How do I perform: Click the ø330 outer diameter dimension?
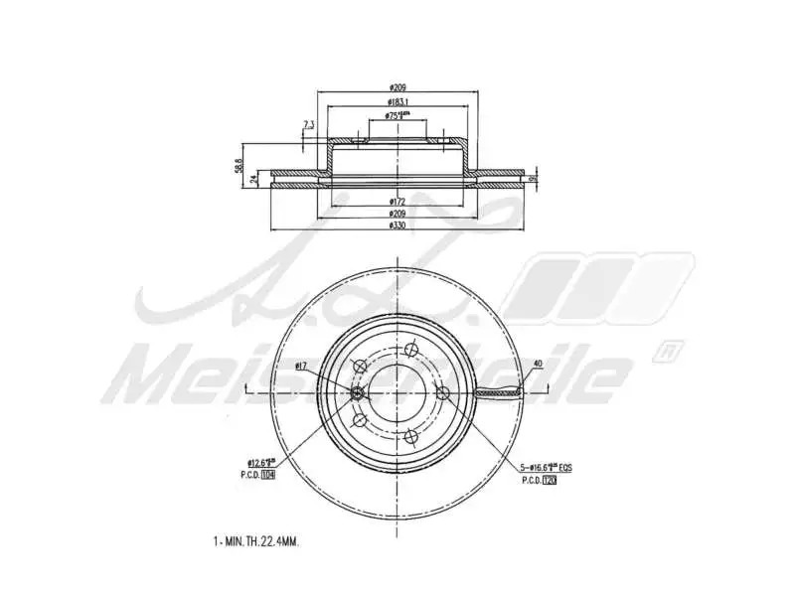click(x=397, y=225)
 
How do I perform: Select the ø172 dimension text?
click(x=397, y=202)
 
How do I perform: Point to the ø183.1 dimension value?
click(x=397, y=101)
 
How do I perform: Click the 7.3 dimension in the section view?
click(x=308, y=124)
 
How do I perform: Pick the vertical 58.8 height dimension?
click(x=238, y=163)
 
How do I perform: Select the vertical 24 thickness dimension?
click(x=254, y=180)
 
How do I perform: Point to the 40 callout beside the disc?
click(x=537, y=363)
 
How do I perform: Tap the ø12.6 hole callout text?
click(x=261, y=463)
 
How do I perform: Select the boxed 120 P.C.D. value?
click(x=549, y=479)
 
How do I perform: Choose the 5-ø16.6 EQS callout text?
click(x=545, y=465)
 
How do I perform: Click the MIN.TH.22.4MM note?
click(x=255, y=542)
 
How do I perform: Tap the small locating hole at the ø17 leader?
click(x=358, y=394)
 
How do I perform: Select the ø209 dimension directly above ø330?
click(x=397, y=214)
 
